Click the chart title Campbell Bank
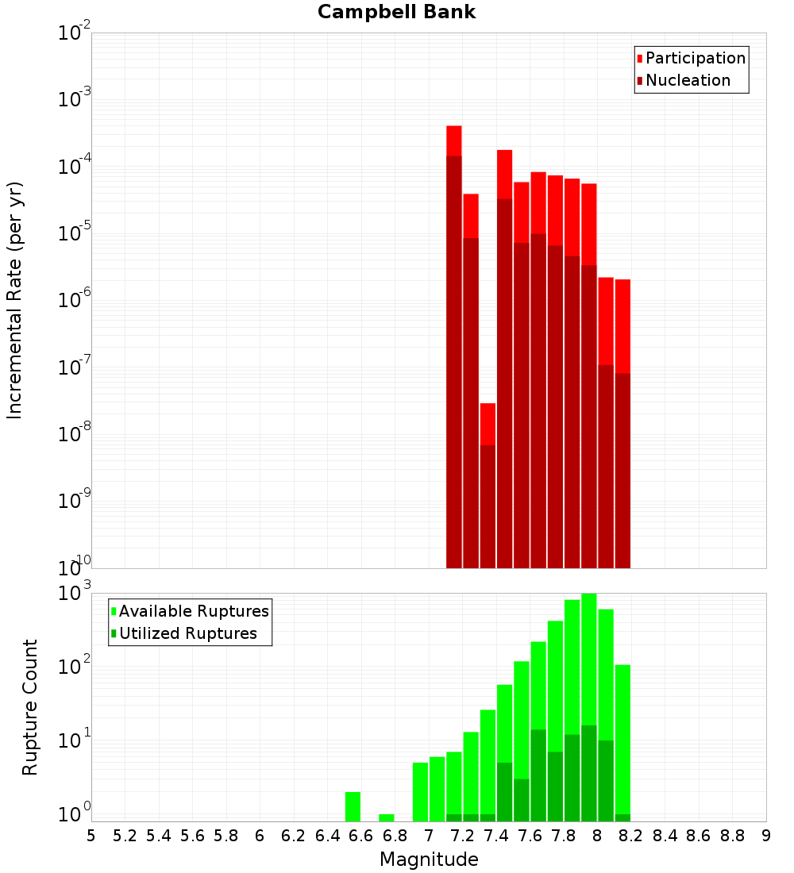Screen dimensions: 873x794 tap(396, 12)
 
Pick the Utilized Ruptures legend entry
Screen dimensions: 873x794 tap(187, 634)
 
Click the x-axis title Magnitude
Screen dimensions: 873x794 tap(429, 860)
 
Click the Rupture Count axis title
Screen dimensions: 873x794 tap(30, 707)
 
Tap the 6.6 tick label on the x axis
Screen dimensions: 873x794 tap(361, 836)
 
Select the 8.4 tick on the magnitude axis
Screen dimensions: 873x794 tap(665, 836)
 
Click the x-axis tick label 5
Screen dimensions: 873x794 tap(91, 836)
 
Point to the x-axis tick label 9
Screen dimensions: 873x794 tap(766, 836)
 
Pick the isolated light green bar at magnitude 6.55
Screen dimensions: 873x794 tap(353, 806)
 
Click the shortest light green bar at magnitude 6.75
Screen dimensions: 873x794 tap(387, 817)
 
